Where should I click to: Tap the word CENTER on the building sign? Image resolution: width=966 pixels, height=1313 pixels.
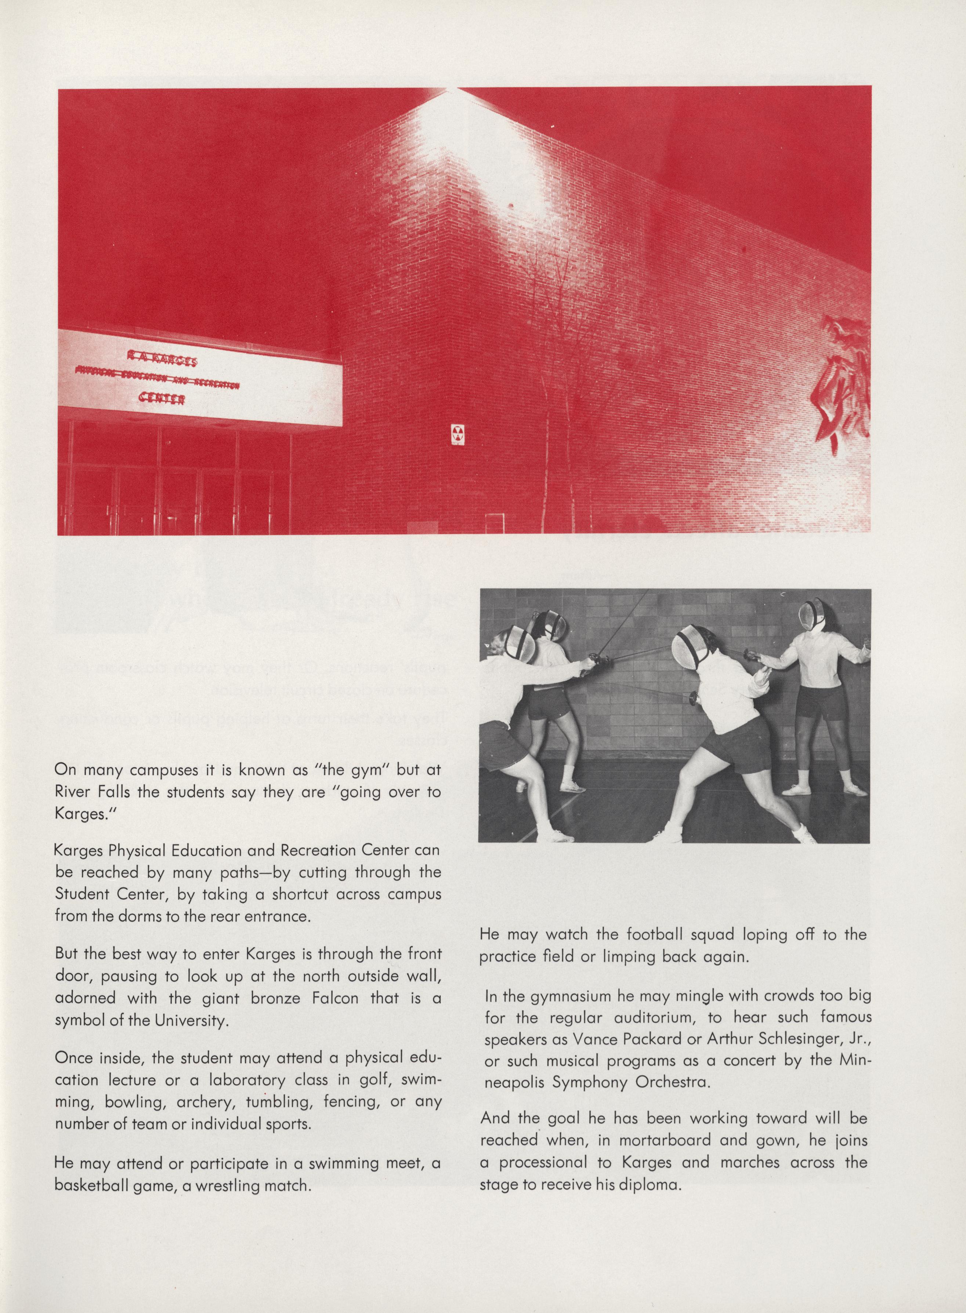click(162, 399)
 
